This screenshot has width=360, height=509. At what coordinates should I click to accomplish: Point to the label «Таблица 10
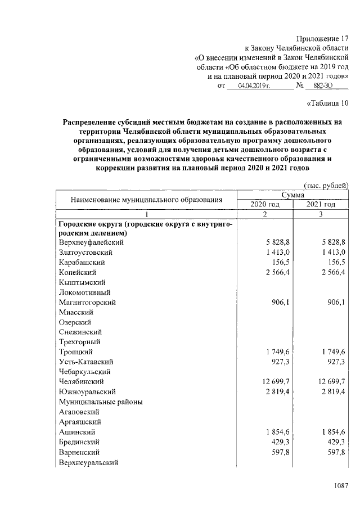click(328, 102)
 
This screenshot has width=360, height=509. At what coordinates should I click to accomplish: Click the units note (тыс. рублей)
click(326, 185)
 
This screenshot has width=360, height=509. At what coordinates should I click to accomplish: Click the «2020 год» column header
click(264, 204)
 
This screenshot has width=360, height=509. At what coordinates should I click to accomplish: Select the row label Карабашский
click(82, 263)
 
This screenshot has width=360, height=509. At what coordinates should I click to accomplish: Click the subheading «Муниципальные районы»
click(100, 402)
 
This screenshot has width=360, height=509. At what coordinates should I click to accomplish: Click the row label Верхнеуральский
click(91, 462)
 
